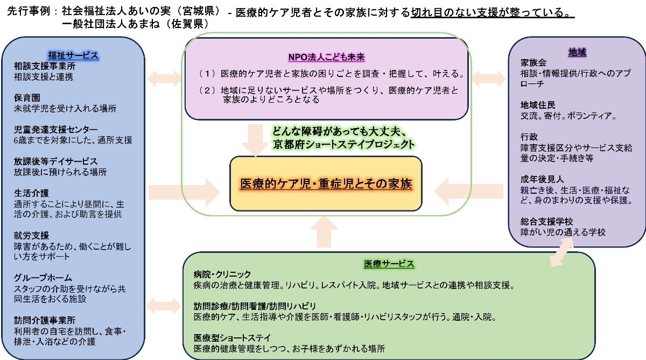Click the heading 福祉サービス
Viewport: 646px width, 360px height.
pyautogui.click(x=73, y=55)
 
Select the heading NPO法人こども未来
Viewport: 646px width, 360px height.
pyautogui.click(x=326, y=57)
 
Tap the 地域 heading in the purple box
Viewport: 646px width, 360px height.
pyautogui.click(x=577, y=52)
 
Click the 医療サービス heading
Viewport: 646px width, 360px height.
pyautogui.click(x=389, y=264)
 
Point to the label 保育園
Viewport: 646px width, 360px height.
pyautogui.click(x=27, y=98)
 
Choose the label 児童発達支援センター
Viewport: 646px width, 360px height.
pyautogui.click(x=55, y=129)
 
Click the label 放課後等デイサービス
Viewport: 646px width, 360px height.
pyautogui.click(x=55, y=161)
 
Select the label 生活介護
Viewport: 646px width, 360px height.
pyautogui.click(x=31, y=193)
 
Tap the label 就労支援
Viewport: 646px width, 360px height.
pyautogui.click(x=31, y=235)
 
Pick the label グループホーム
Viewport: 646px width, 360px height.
pyautogui.click(x=43, y=278)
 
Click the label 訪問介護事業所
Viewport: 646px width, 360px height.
pyautogui.click(x=45, y=320)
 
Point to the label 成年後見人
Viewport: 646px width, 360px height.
pyautogui.click(x=542, y=179)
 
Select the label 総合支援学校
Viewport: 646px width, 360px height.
pyautogui.click(x=547, y=221)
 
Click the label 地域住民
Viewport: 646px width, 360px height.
pyautogui.click(x=538, y=105)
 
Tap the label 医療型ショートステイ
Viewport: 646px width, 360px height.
pyautogui.click(x=232, y=337)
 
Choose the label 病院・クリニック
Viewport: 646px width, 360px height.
pyautogui.click(x=222, y=274)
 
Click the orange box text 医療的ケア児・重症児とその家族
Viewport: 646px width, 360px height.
pyautogui.click(x=326, y=183)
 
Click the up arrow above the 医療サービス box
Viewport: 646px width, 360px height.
pyautogui.click(x=324, y=232)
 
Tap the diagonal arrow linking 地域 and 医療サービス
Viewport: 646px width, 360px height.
pyautogui.click(x=561, y=252)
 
